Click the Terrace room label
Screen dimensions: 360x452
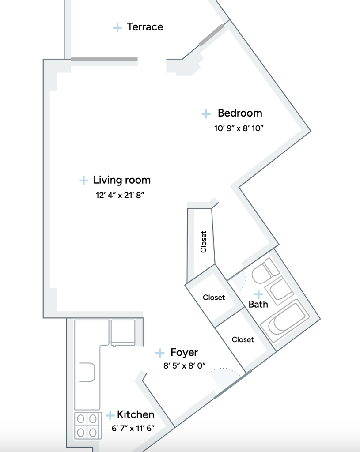click(145, 27)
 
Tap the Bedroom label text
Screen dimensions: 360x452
click(240, 113)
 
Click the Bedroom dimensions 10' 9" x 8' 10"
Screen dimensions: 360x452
click(239, 128)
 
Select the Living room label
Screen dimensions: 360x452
click(122, 180)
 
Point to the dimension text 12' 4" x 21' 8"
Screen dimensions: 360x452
click(120, 195)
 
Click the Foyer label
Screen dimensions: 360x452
click(184, 353)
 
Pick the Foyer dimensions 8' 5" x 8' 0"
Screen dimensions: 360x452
click(185, 365)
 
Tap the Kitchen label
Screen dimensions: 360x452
click(136, 414)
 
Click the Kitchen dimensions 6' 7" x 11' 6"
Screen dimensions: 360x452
click(133, 428)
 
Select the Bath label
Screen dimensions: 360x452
click(258, 305)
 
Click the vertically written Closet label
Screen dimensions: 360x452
click(203, 241)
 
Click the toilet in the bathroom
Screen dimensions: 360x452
click(265, 271)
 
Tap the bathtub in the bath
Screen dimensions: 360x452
click(285, 321)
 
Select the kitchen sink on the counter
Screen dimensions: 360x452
click(87, 373)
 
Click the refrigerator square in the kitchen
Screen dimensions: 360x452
click(123, 332)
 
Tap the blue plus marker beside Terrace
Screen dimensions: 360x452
click(117, 28)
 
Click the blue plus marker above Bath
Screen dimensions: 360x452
click(258, 294)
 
